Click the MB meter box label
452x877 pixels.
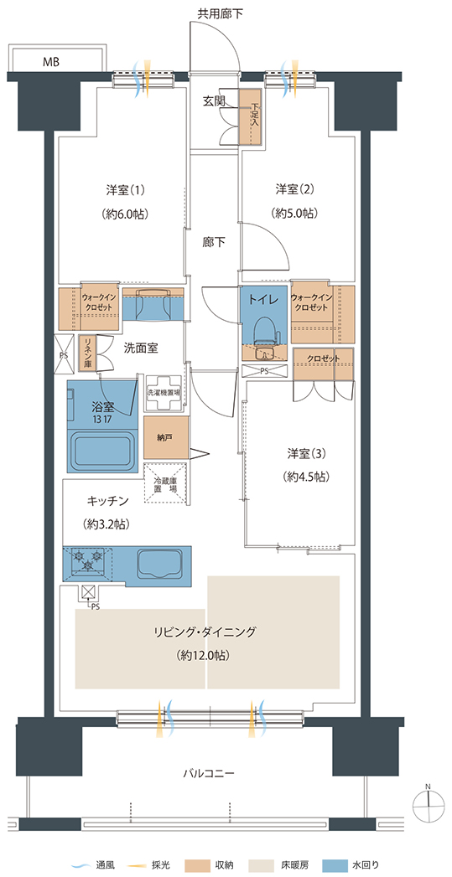(x=51, y=61)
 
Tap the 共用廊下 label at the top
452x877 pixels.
(x=220, y=13)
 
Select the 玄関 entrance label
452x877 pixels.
(x=213, y=101)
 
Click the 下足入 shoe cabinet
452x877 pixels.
(x=251, y=116)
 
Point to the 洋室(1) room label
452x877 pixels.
(x=126, y=189)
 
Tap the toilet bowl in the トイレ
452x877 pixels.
(x=263, y=333)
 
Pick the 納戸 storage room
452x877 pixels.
(x=166, y=437)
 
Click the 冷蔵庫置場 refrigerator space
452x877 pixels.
(x=165, y=483)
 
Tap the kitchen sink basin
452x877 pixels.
(x=160, y=563)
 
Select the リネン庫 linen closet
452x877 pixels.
(x=87, y=353)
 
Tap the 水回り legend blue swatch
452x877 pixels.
(x=370, y=865)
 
